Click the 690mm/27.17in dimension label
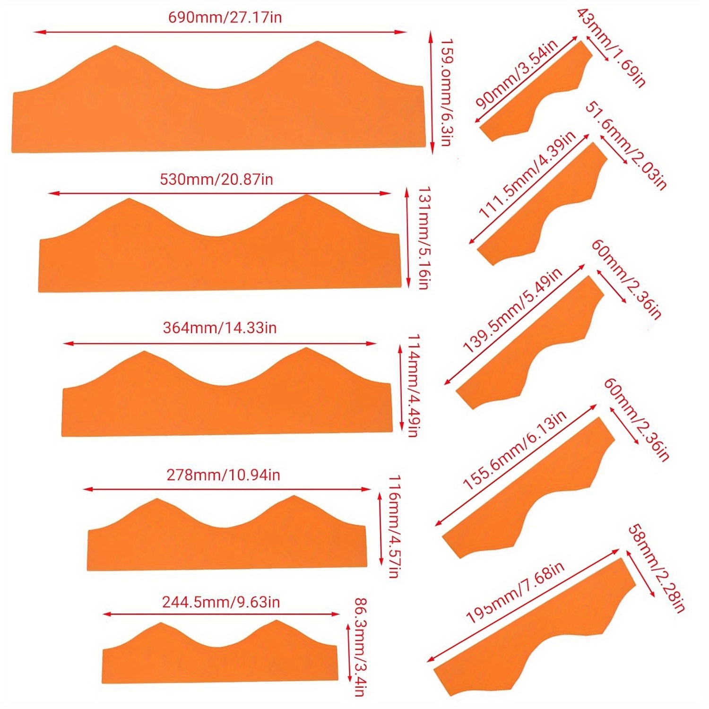point(225,18)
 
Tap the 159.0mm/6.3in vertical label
point(447,92)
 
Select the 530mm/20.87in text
point(216,180)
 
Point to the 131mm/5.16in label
point(424,238)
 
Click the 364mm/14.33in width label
point(220,328)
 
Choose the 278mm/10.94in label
point(223,475)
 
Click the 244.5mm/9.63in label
point(221,602)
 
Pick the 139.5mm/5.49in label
point(512,311)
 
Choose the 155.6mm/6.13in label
point(514,450)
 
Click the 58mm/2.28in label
point(657,569)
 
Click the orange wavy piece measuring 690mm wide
point(217,118)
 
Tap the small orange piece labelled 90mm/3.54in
point(534,99)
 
